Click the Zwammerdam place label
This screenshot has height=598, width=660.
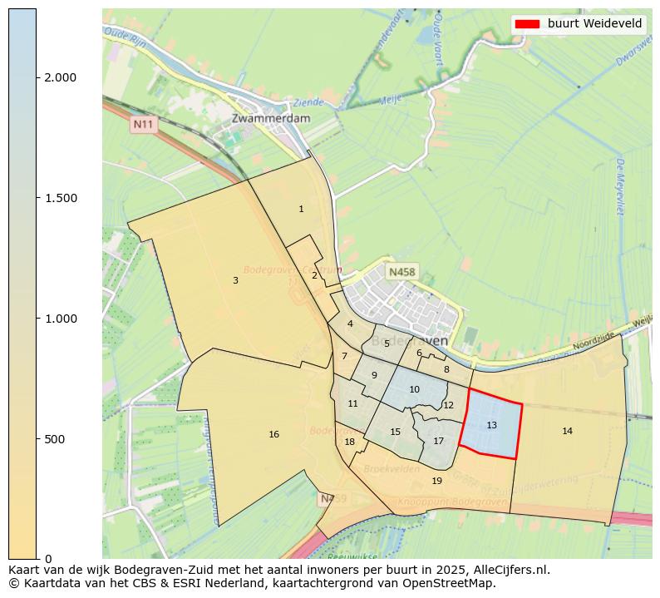pyautogui.click(x=271, y=118)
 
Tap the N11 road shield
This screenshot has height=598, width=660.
pyautogui.click(x=144, y=124)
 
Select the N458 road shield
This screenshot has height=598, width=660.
pyautogui.click(x=401, y=272)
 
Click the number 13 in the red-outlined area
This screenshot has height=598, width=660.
pyautogui.click(x=491, y=425)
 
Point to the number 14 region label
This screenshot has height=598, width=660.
pyautogui.click(x=567, y=431)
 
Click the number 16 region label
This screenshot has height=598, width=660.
pyautogui.click(x=273, y=434)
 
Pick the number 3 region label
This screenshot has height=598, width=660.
pyautogui.click(x=235, y=280)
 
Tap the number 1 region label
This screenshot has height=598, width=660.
pyautogui.click(x=301, y=209)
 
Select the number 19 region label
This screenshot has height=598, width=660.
pyautogui.click(x=436, y=481)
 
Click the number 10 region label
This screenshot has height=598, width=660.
pyautogui.click(x=414, y=389)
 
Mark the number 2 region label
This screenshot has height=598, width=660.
pyautogui.click(x=314, y=274)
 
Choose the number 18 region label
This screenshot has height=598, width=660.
pyautogui.click(x=349, y=442)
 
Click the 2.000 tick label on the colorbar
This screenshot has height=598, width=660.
pyautogui.click(x=60, y=77)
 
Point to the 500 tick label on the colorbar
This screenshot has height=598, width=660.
pyautogui.click(x=56, y=438)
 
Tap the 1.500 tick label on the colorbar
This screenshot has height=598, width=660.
pyautogui.click(x=60, y=198)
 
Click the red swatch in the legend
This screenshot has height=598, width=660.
pyautogui.click(x=528, y=24)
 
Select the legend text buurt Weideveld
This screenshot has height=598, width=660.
pyautogui.click(x=594, y=24)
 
